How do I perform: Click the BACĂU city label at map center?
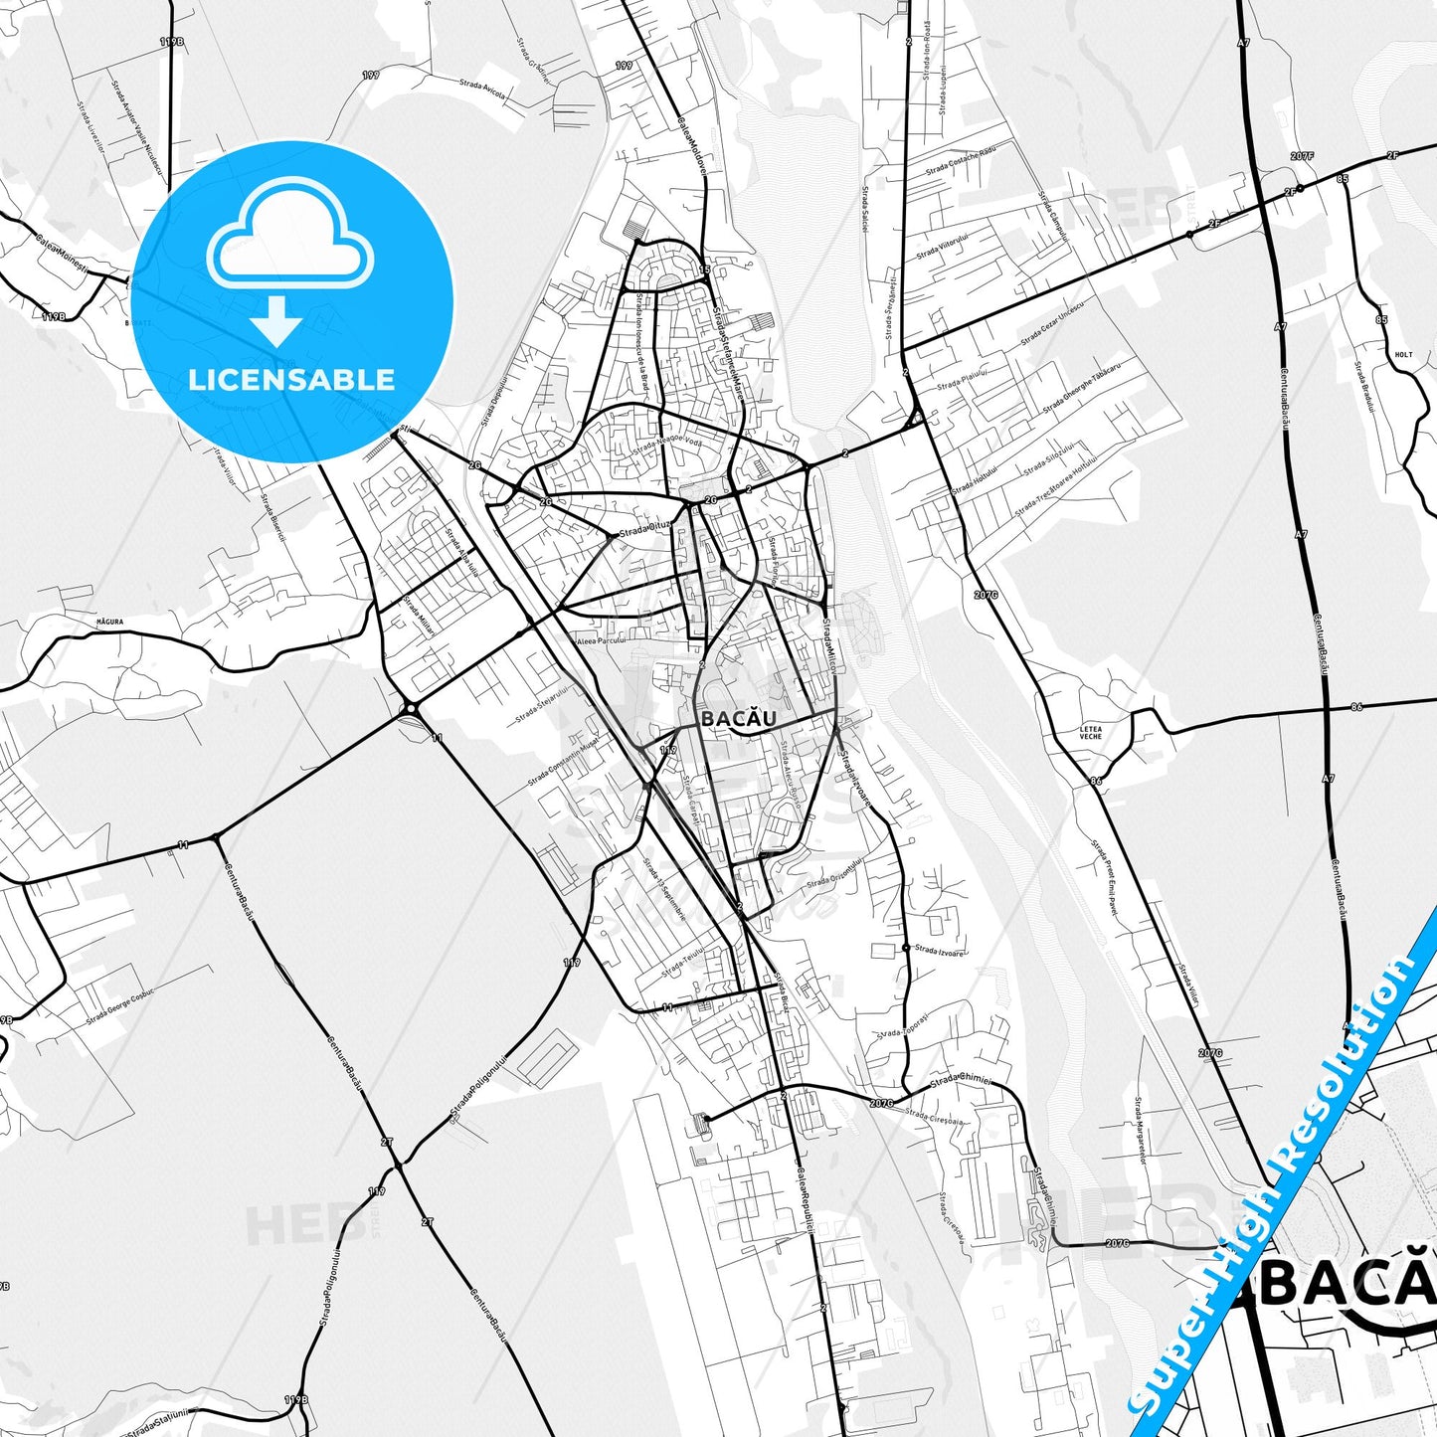click(x=739, y=718)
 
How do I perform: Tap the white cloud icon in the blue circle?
click(x=290, y=234)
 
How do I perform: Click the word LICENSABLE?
click(x=291, y=379)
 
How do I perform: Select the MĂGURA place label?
click(x=109, y=622)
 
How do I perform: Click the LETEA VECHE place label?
click(x=1091, y=732)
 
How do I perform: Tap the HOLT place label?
click(x=1403, y=355)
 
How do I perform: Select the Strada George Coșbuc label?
click(x=120, y=1004)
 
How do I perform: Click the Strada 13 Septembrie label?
click(x=664, y=890)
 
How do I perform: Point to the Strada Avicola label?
click(x=483, y=90)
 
